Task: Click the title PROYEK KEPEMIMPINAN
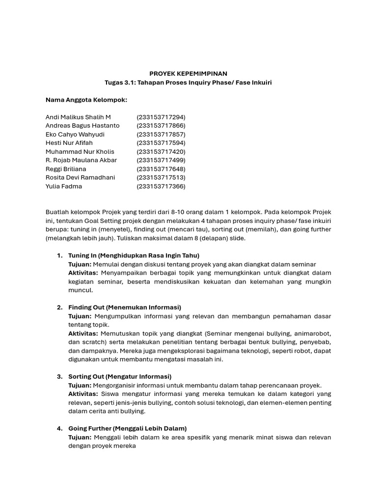pos(188,74)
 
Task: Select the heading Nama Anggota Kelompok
pos(86,100)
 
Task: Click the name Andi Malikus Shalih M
pos(78,117)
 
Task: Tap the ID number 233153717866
pos(161,126)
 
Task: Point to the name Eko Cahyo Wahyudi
pos(75,134)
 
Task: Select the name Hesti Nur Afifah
pos(69,143)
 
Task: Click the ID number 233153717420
pos(161,152)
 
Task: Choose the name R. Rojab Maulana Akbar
pos(81,160)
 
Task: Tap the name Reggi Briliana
pos(66,169)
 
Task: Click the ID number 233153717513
pos(161,178)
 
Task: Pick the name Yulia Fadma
pos(64,186)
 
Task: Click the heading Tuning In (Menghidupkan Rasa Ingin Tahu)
pos(134,255)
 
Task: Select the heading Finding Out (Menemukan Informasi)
pos(125,307)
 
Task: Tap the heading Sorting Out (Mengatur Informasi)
pos(120,377)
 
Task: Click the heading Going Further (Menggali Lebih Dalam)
pos(127,428)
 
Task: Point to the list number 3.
pos(59,377)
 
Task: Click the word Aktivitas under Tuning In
pos(83,273)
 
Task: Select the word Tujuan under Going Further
pos(80,437)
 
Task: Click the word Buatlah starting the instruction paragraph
pos(57,212)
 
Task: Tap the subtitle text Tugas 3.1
pos(119,83)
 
